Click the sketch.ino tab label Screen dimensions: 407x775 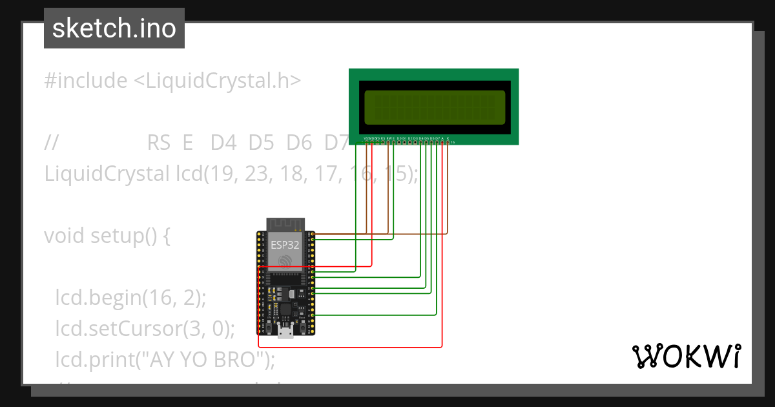(114, 28)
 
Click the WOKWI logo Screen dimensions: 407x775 (686, 356)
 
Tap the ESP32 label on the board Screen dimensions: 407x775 (285, 245)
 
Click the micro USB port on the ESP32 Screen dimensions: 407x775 (284, 333)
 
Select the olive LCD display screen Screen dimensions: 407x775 (434, 107)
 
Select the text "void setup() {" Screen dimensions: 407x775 (107, 236)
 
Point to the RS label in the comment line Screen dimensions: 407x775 (159, 142)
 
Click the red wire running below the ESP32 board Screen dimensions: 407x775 (349, 347)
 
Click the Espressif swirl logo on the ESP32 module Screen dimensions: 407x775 (285, 260)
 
